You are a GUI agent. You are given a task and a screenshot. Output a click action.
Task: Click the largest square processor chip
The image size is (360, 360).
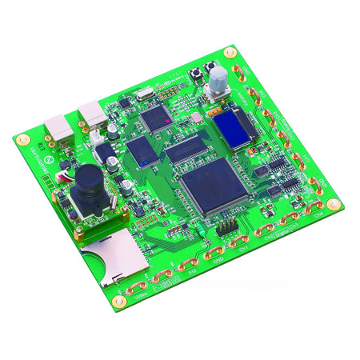[211, 184]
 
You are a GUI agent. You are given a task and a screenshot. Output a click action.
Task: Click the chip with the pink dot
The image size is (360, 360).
[156, 118]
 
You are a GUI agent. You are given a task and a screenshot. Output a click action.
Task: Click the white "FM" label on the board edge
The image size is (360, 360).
[192, 273]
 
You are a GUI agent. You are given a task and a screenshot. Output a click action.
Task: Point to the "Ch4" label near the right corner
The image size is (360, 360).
[318, 215]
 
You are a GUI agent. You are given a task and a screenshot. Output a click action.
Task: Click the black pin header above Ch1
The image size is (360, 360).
[226, 230]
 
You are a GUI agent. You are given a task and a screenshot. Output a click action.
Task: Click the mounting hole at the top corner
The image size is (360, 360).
[230, 54]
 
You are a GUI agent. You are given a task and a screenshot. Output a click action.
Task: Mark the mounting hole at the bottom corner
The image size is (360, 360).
[119, 302]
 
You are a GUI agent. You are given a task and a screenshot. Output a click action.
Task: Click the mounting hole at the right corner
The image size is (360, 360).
[334, 205]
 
